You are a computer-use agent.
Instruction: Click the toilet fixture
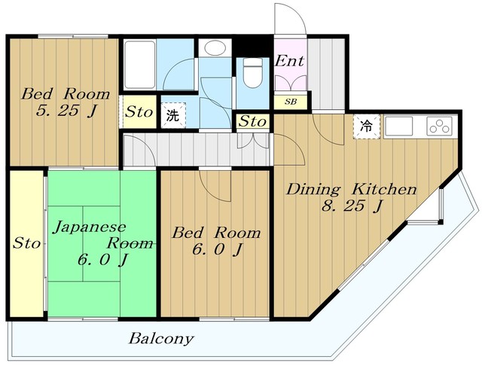click(x=253, y=72)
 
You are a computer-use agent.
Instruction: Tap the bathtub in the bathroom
click(x=140, y=65)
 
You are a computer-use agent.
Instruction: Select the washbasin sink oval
click(x=215, y=47)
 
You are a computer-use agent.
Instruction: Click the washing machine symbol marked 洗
click(x=173, y=115)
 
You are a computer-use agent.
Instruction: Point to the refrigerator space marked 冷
click(x=367, y=127)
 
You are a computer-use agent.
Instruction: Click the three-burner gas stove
click(x=439, y=126)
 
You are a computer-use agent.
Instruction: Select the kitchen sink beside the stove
click(x=398, y=126)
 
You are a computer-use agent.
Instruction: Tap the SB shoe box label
click(x=291, y=102)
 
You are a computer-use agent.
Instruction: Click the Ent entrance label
click(x=289, y=60)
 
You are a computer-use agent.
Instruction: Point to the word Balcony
click(x=161, y=339)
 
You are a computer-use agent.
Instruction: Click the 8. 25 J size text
click(x=352, y=206)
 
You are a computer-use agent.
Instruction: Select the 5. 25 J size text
click(x=67, y=111)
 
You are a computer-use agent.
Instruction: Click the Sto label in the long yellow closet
click(x=26, y=243)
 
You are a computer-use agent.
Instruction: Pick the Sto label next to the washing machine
click(x=139, y=112)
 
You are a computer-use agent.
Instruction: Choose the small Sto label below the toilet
click(x=252, y=121)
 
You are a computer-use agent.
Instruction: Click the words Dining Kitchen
click(x=352, y=189)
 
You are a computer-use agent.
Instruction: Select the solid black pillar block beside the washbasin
click(x=253, y=46)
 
